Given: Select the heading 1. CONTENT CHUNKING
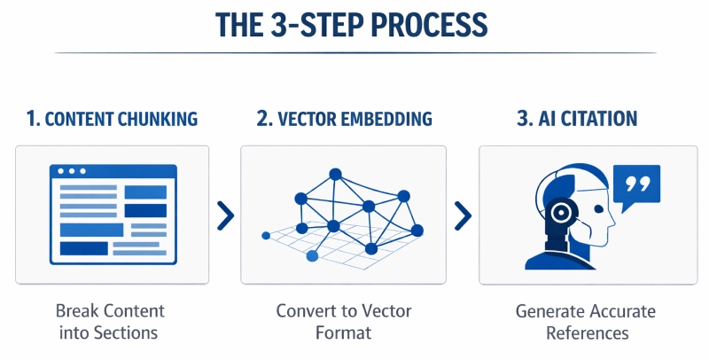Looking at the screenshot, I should (x=113, y=119).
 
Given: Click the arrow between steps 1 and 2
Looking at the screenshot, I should (x=226, y=214).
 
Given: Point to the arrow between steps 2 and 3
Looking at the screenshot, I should (x=462, y=214).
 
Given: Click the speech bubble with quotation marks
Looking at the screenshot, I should (x=636, y=189).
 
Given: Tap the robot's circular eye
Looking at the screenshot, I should (x=559, y=214).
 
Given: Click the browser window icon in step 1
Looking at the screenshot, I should (x=113, y=214).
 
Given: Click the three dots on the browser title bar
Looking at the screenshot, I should (x=70, y=171).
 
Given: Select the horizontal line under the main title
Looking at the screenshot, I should (x=354, y=53).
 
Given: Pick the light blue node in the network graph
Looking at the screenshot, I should (x=312, y=256).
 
